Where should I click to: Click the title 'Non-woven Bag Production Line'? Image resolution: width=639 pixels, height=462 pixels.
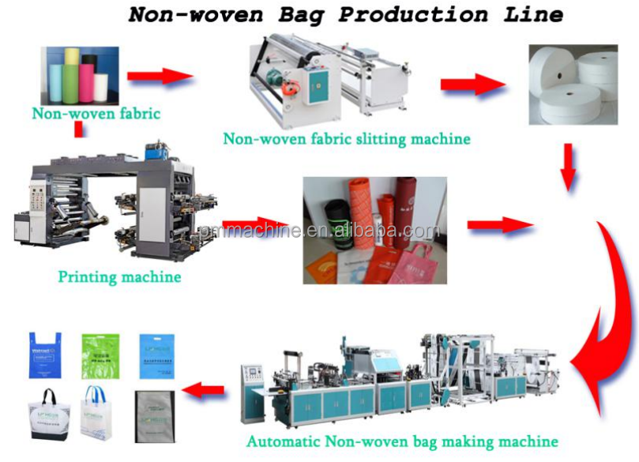[346, 14]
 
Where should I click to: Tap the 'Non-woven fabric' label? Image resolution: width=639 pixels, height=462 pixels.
[96, 113]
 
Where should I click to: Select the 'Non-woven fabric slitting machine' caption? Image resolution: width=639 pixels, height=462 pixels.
[347, 139]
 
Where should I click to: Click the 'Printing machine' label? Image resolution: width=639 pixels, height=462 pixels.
[119, 276]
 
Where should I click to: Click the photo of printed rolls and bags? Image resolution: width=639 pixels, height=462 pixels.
[374, 230]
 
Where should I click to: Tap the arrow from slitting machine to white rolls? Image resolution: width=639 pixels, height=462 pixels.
[472, 85]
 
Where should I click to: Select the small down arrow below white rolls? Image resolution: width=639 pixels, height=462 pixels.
[567, 168]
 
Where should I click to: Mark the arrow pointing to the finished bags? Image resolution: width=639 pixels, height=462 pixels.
[205, 389]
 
